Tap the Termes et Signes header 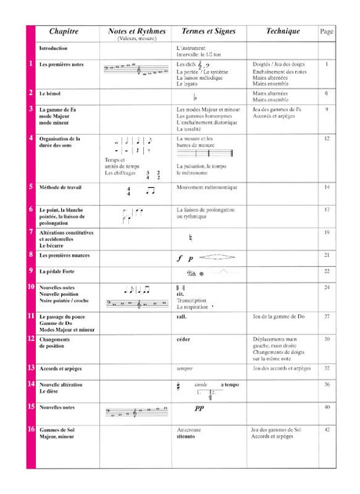tap(208, 31)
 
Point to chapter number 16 tap(31, 430)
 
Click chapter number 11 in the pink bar tap(31, 316)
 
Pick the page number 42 tap(327, 430)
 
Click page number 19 tap(327, 233)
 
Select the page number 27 tap(327, 316)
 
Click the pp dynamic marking tap(199, 408)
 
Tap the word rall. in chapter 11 tap(182, 316)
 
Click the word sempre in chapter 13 tap(185, 367)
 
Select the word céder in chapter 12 tap(185, 339)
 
